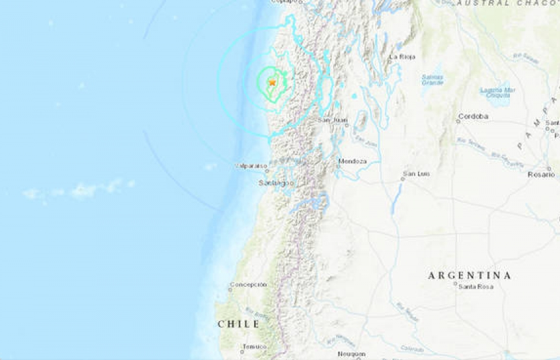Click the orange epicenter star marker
(272, 83)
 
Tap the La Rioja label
(402, 57)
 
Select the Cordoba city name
(473, 117)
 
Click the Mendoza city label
(352, 161)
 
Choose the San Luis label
(416, 174)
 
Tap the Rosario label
(540, 175)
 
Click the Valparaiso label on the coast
(252, 167)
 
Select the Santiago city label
(275, 184)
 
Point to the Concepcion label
(248, 284)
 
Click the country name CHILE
(238, 324)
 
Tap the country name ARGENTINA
(469, 275)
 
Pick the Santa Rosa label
(475, 287)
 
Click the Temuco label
(254, 346)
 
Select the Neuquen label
(352, 354)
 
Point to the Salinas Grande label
(432, 79)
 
